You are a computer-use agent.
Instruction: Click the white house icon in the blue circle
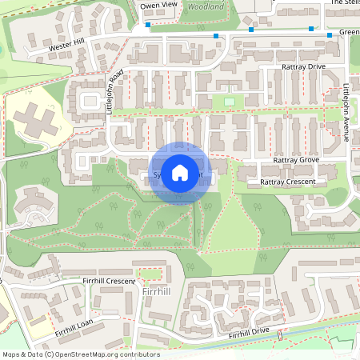[x=180, y=172]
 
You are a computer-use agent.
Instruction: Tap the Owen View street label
[x=158, y=5]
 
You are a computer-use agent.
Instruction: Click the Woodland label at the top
[x=205, y=5]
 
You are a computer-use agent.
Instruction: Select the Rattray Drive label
[x=304, y=67]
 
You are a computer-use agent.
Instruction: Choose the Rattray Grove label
[x=296, y=160]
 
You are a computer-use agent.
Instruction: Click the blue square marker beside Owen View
[x=149, y=26]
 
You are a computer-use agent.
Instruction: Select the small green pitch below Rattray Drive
[x=230, y=102]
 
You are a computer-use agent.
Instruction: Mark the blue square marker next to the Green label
[x=330, y=35]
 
